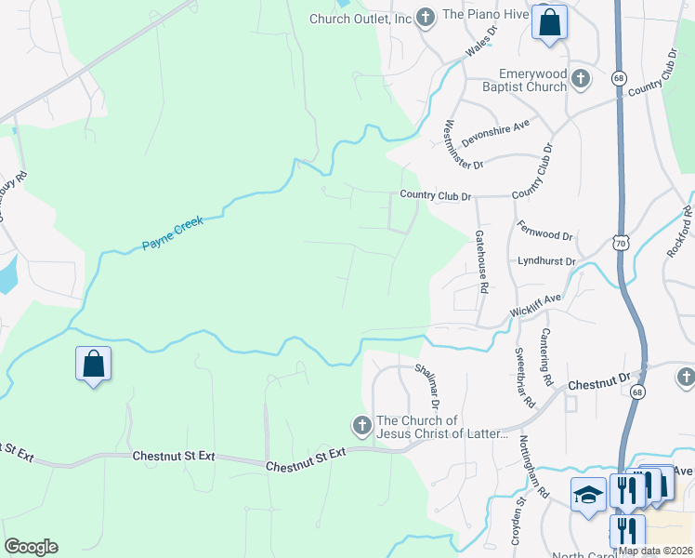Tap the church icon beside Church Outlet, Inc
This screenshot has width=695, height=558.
(426, 17)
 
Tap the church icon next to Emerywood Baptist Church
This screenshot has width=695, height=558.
(581, 79)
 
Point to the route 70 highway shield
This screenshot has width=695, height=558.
(620, 244)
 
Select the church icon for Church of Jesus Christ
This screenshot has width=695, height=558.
(361, 426)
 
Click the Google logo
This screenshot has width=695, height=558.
(31, 547)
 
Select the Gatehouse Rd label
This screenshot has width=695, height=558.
(481, 262)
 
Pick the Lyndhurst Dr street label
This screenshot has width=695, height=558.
(547, 262)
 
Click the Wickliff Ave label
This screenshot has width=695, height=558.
(535, 305)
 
